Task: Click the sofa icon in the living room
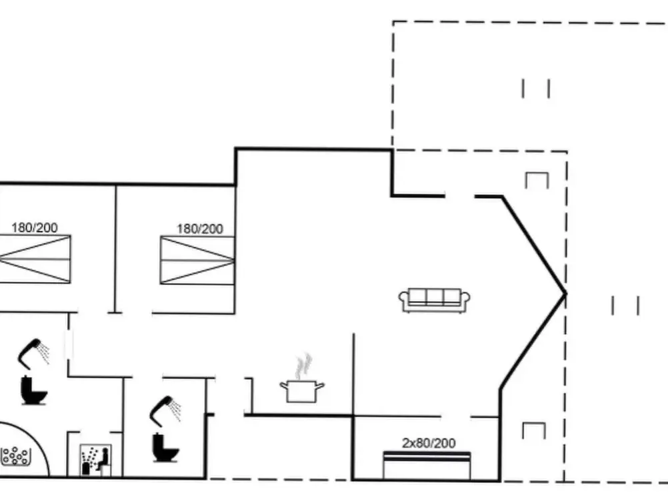coord(434,300)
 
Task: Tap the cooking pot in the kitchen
coord(302,391)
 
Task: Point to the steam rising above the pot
coord(303,366)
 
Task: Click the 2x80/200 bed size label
coord(429,443)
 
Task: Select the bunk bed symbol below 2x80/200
coord(427,466)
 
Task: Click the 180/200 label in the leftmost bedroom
coord(35,227)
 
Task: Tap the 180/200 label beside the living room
coord(200,229)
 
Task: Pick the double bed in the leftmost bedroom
coord(35,259)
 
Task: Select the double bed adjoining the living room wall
coord(197,260)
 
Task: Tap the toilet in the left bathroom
coord(33,390)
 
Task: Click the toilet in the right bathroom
coord(165,448)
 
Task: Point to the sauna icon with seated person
coord(96,460)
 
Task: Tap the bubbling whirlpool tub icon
coord(16,456)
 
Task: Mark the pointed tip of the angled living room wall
coord(566,293)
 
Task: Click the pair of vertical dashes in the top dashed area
coord(536,89)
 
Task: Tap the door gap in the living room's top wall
coord(460,196)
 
